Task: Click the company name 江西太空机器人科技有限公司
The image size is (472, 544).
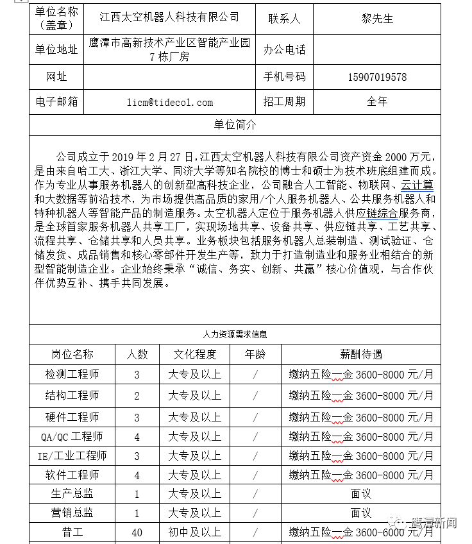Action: pyautogui.click(x=170, y=18)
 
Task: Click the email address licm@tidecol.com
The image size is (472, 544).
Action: pyautogui.click(x=170, y=102)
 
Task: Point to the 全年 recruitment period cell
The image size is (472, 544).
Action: pyautogui.click(x=377, y=102)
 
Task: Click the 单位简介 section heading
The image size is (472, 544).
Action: pyautogui.click(x=235, y=124)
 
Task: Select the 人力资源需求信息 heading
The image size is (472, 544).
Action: pyautogui.click(x=235, y=334)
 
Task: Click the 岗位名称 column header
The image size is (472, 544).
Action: pyautogui.click(x=72, y=354)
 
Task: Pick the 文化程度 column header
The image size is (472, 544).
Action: pyautogui.click(x=195, y=354)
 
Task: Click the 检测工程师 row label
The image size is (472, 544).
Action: pyautogui.click(x=72, y=374)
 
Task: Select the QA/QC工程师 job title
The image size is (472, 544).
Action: pyautogui.click(x=72, y=437)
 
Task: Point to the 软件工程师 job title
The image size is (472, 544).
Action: pyautogui.click(x=72, y=475)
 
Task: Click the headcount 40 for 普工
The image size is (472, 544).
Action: pyautogui.click(x=137, y=532)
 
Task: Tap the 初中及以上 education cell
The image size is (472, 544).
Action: pyautogui.click(x=195, y=532)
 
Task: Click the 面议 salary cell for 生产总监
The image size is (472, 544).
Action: pyautogui.click(x=361, y=494)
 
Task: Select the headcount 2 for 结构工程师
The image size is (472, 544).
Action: pyautogui.click(x=137, y=396)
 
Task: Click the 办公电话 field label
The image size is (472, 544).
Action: pyautogui.click(x=284, y=49)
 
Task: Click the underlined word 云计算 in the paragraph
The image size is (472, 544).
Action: pyautogui.click(x=417, y=186)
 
